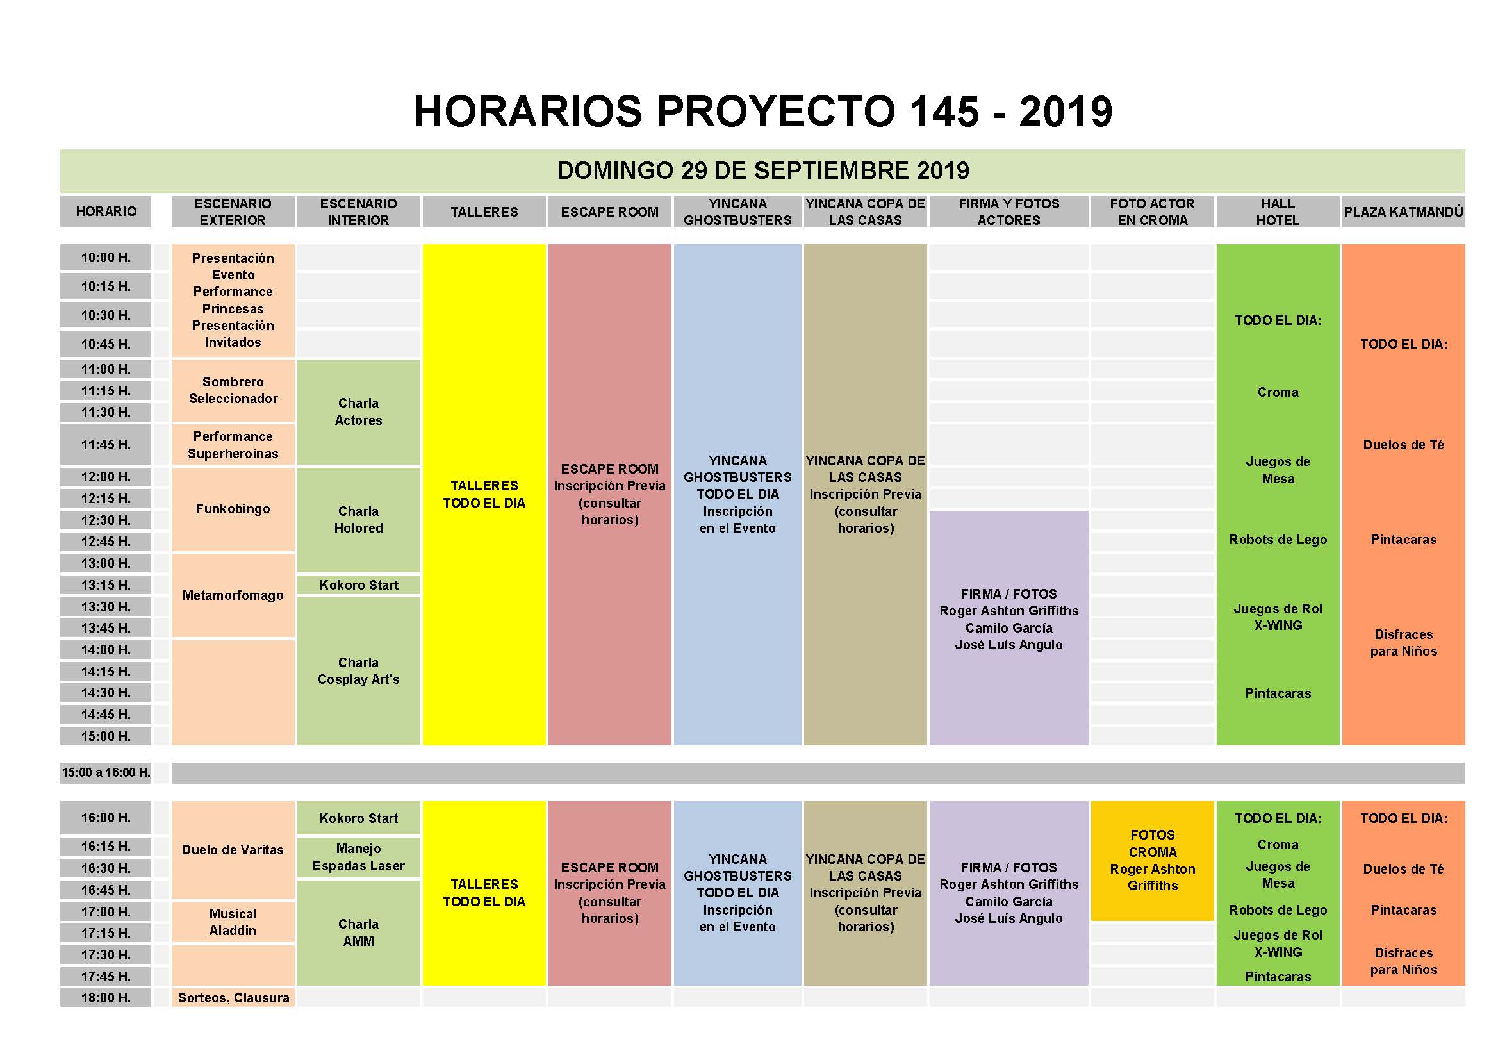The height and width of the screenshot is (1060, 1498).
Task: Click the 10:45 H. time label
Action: tap(106, 344)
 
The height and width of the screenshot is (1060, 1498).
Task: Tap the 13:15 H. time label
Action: tap(106, 585)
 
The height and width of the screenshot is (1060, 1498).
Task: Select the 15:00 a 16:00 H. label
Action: tap(106, 773)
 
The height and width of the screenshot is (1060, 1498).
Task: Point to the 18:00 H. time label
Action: tap(106, 998)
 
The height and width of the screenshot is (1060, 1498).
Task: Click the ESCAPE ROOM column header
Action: tap(609, 211)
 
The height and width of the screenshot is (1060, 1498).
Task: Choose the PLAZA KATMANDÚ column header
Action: tap(1403, 211)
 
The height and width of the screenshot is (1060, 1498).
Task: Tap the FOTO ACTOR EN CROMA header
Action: tap(1152, 211)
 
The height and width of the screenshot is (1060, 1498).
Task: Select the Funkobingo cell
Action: tap(233, 509)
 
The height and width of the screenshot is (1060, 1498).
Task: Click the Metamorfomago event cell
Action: tap(233, 595)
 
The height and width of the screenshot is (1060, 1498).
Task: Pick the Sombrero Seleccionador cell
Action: tap(233, 390)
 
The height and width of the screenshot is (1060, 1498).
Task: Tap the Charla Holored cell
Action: tap(358, 520)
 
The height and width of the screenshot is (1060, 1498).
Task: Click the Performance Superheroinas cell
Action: tap(233, 445)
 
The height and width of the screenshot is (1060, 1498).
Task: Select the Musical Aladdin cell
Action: tap(233, 922)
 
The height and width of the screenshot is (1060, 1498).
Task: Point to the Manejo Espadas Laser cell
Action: tap(358, 857)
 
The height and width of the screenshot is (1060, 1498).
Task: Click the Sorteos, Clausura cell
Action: tap(233, 998)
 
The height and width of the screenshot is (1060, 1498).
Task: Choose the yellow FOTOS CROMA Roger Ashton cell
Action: tap(1152, 860)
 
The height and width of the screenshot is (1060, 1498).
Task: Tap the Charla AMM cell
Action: tap(358, 932)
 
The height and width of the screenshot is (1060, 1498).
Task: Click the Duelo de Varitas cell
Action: tap(233, 850)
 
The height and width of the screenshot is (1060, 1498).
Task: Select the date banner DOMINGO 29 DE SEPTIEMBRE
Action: tap(762, 170)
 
